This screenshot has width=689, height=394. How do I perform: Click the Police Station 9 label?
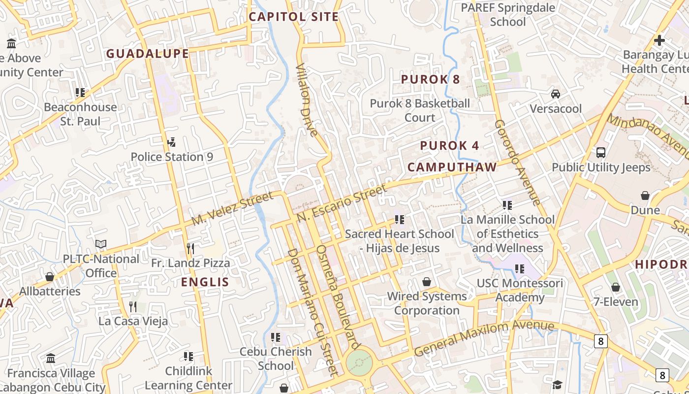pyautogui.click(x=172, y=157)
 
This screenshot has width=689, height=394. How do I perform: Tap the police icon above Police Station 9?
pyautogui.click(x=172, y=142)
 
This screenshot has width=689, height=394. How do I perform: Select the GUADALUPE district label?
pyautogui.click(x=148, y=54)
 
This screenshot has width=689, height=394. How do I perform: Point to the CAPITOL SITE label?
pyautogui.click(x=294, y=17)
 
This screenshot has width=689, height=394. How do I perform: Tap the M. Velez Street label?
pyautogui.click(x=232, y=209)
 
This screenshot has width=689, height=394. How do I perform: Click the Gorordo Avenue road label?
pyautogui.click(x=517, y=162)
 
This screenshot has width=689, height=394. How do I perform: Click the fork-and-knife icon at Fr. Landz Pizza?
pyautogui.click(x=190, y=248)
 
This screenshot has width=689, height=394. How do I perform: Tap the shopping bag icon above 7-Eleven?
pyautogui.click(x=616, y=287)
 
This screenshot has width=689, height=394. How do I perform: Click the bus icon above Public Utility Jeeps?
pyautogui.click(x=601, y=153)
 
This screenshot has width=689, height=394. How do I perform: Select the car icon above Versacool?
pyautogui.click(x=556, y=94)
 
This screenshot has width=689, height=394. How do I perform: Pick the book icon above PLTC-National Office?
pyautogui.click(x=101, y=244)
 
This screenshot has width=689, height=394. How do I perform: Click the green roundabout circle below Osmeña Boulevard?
pyautogui.click(x=359, y=363)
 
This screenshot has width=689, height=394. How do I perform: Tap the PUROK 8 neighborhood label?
pyautogui.click(x=431, y=79)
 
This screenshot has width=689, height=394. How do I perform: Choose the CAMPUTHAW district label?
pyautogui.click(x=452, y=167)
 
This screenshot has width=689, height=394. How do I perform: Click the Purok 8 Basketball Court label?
pyautogui.click(x=420, y=110)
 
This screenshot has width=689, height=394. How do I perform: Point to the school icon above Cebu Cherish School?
pyautogui.click(x=276, y=337)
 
